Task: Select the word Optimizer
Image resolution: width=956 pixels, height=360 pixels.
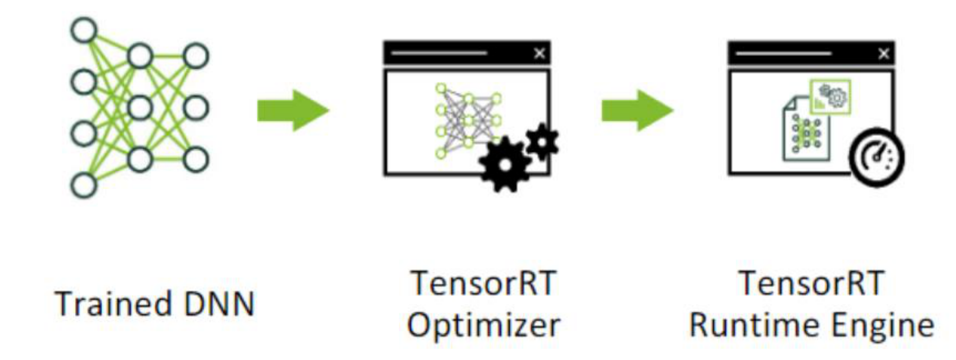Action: [483, 325]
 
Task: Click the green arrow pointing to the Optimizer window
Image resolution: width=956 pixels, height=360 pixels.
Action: [292, 110]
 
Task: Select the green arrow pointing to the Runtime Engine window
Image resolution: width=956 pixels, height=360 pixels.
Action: [637, 110]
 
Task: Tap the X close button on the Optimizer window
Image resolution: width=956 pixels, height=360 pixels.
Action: [539, 53]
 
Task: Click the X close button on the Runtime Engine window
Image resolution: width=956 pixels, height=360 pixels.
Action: [883, 53]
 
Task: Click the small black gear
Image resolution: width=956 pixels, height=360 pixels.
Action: [542, 140]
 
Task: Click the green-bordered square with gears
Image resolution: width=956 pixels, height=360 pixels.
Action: [830, 96]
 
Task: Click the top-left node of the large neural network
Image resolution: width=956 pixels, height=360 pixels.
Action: [84, 30]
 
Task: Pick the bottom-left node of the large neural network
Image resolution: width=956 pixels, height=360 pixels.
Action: [84, 185]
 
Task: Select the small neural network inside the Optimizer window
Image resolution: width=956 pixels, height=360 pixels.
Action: [468, 120]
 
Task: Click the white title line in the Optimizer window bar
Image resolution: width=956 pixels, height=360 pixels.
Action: [439, 53]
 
